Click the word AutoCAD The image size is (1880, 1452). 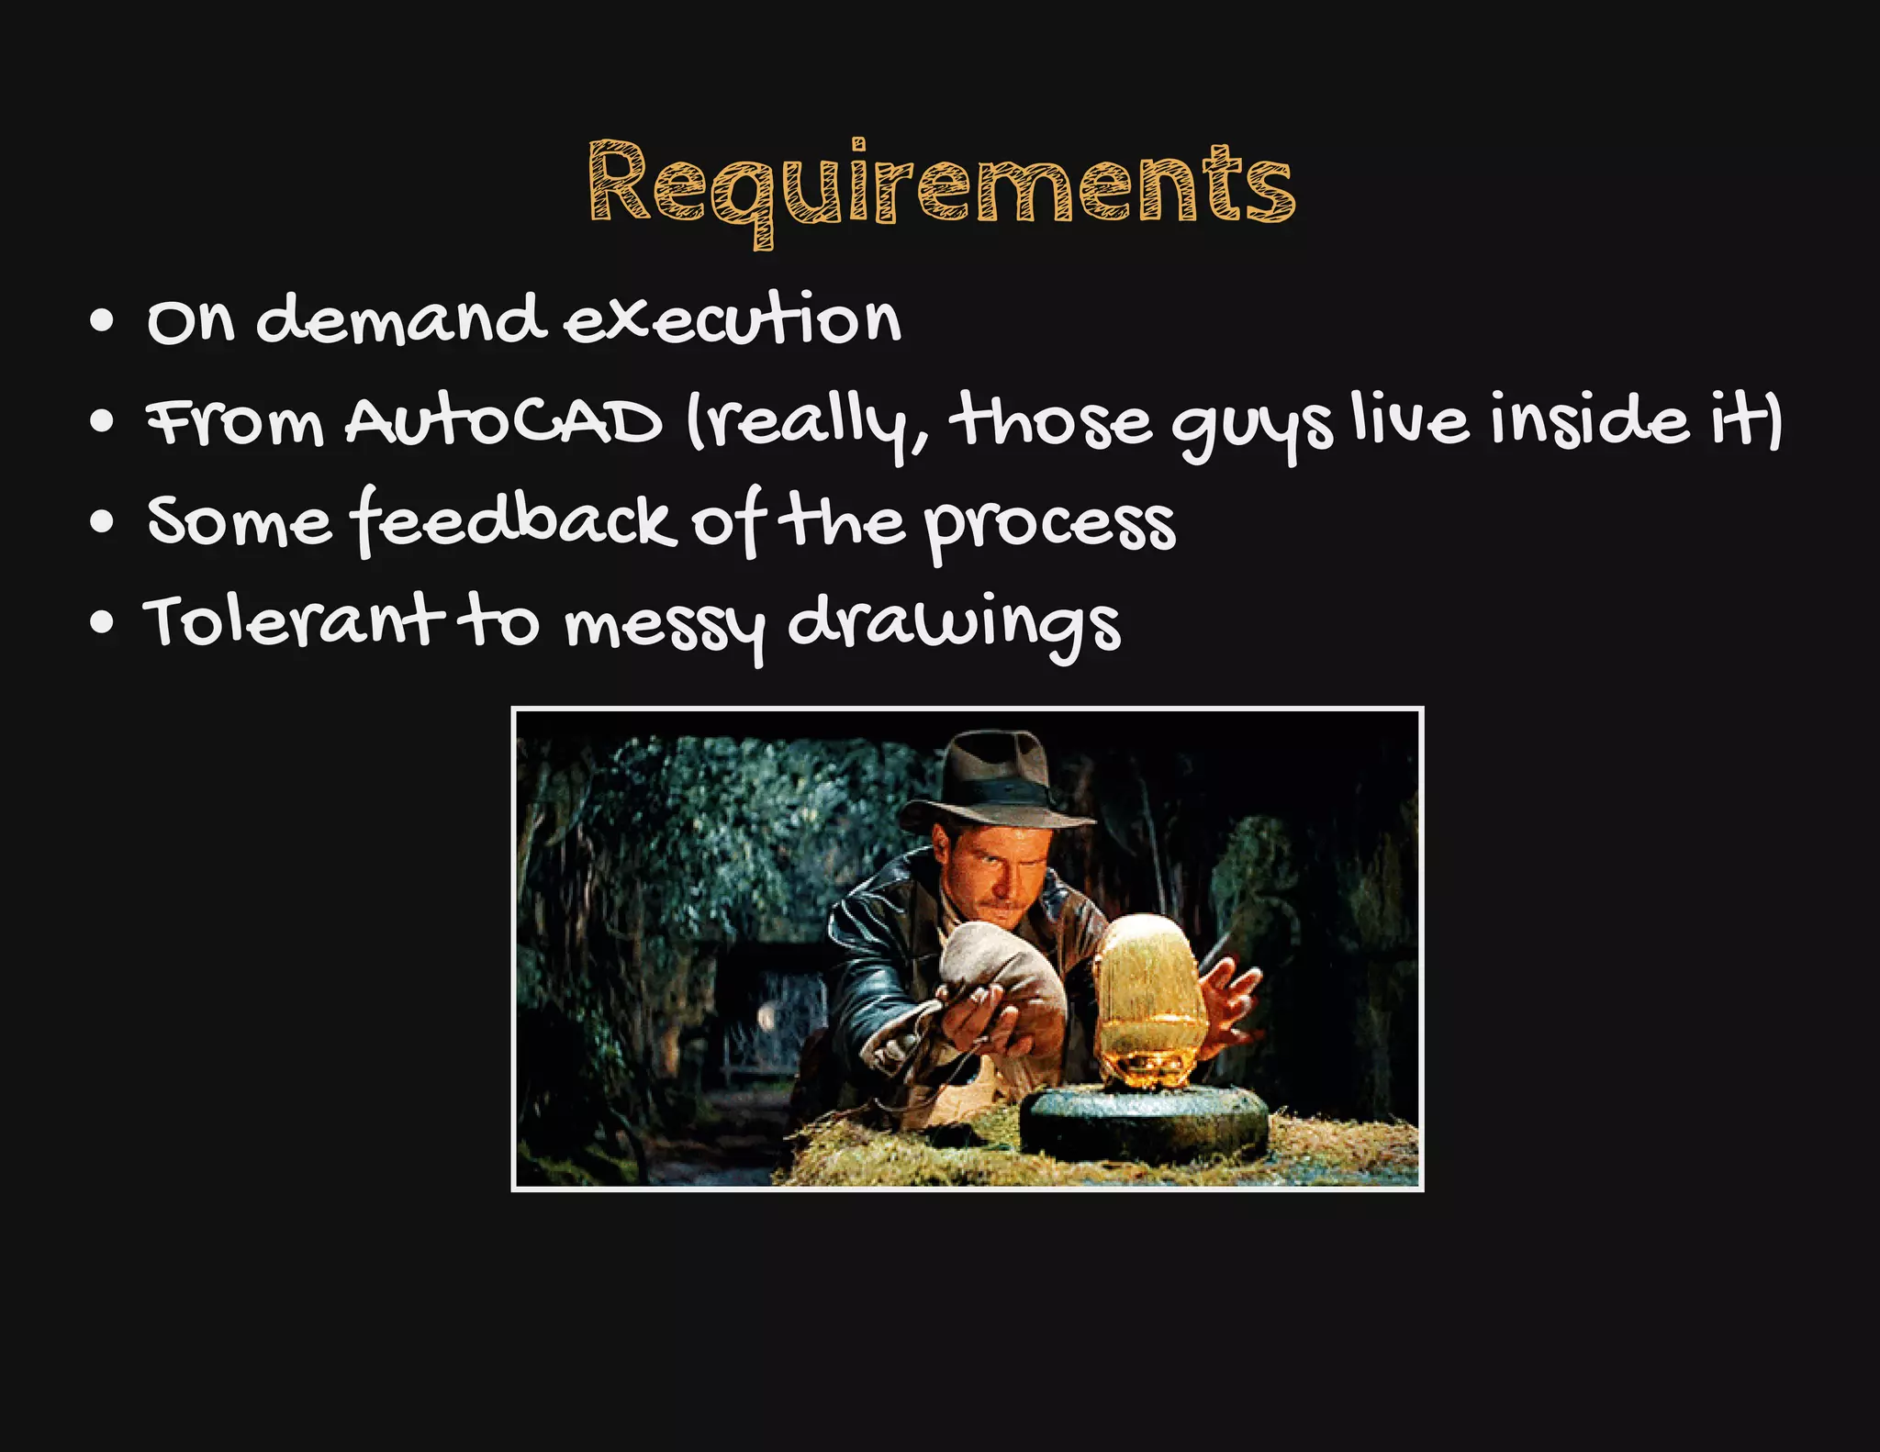coord(503,423)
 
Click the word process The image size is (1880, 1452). coord(1048,525)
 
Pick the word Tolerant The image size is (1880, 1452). coord(292,621)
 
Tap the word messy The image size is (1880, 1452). coord(664,626)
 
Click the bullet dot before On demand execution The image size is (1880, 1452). coord(103,322)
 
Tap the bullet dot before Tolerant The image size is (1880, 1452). coord(103,623)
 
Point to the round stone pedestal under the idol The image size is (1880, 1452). coord(1144,1124)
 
